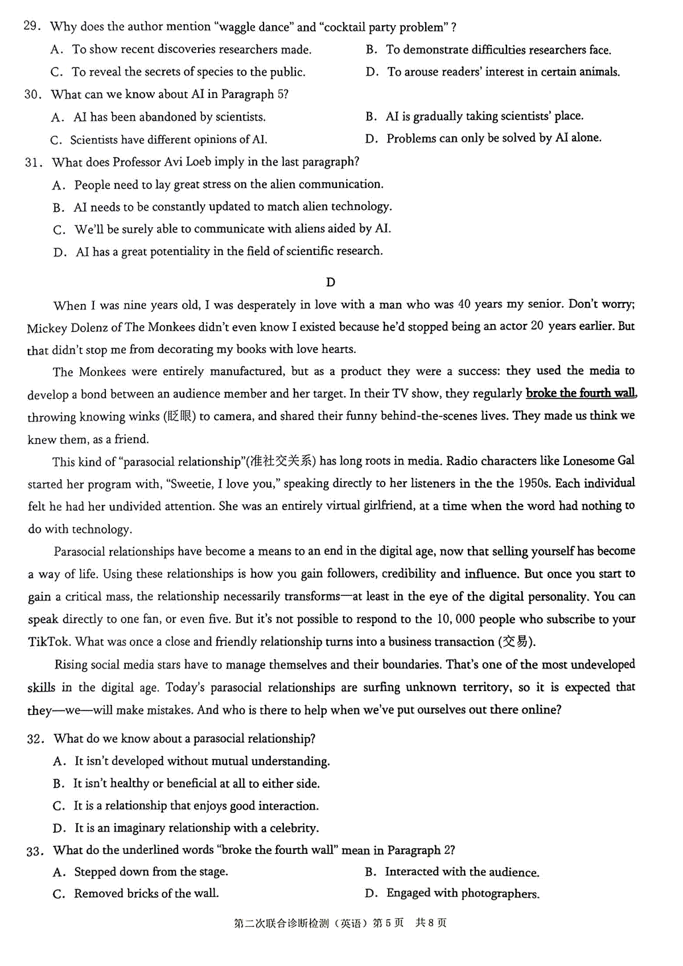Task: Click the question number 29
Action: click(x=32, y=26)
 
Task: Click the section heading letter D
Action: click(x=331, y=282)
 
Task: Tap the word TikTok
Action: click(x=49, y=642)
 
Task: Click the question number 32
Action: click(x=35, y=739)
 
